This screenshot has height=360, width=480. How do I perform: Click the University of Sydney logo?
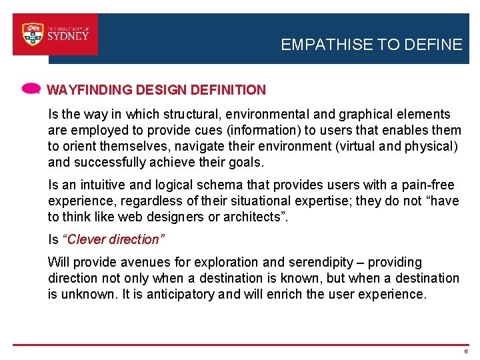click(x=55, y=34)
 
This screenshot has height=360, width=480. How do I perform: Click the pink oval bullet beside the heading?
click(x=31, y=89)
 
